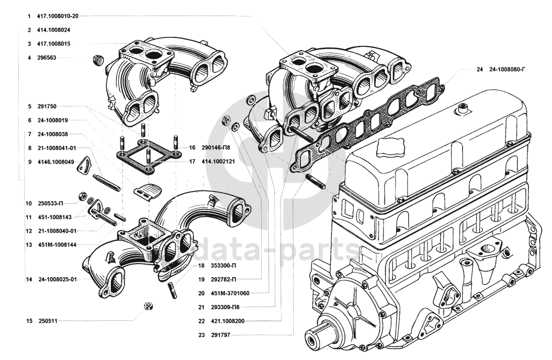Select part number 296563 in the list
(47, 57)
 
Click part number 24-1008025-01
(58, 279)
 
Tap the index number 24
(479, 70)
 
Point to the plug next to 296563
(97, 59)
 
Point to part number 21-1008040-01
(58, 231)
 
